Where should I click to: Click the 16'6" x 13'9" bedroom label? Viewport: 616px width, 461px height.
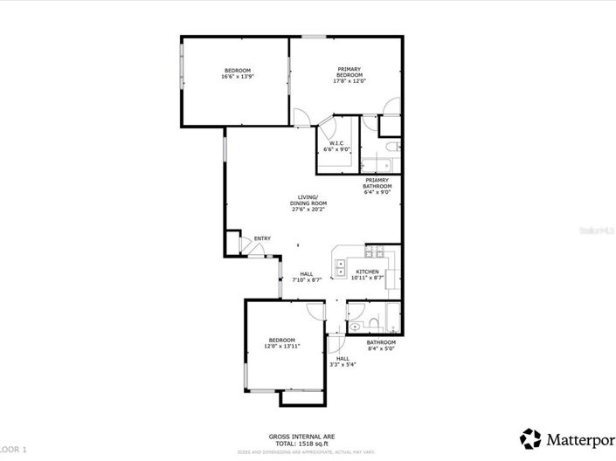(x=238, y=73)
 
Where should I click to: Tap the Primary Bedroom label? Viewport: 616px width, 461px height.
(x=350, y=75)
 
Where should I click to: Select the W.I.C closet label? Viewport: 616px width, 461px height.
(x=336, y=146)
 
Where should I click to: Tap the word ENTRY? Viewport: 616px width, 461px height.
(x=262, y=238)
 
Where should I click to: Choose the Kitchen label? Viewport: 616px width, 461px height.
(x=366, y=275)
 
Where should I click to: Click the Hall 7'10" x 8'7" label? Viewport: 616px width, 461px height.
(x=307, y=276)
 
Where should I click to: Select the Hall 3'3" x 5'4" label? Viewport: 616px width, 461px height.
(x=343, y=361)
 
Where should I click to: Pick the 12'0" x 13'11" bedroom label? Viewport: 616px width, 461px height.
(x=281, y=343)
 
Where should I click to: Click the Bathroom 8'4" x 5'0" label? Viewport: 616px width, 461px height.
(x=381, y=345)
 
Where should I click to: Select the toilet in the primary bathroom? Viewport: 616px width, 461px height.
(x=392, y=146)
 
